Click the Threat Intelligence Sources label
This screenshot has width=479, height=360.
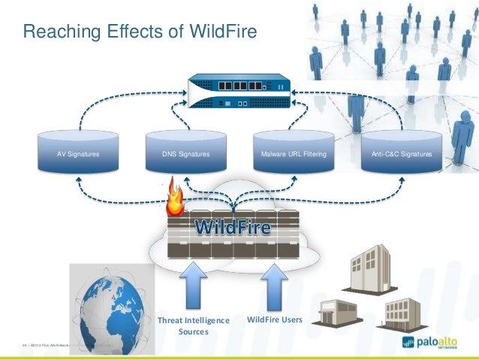[x=193, y=325]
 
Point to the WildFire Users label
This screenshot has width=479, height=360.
[x=274, y=320]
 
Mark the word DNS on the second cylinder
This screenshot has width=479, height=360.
[x=170, y=153]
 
